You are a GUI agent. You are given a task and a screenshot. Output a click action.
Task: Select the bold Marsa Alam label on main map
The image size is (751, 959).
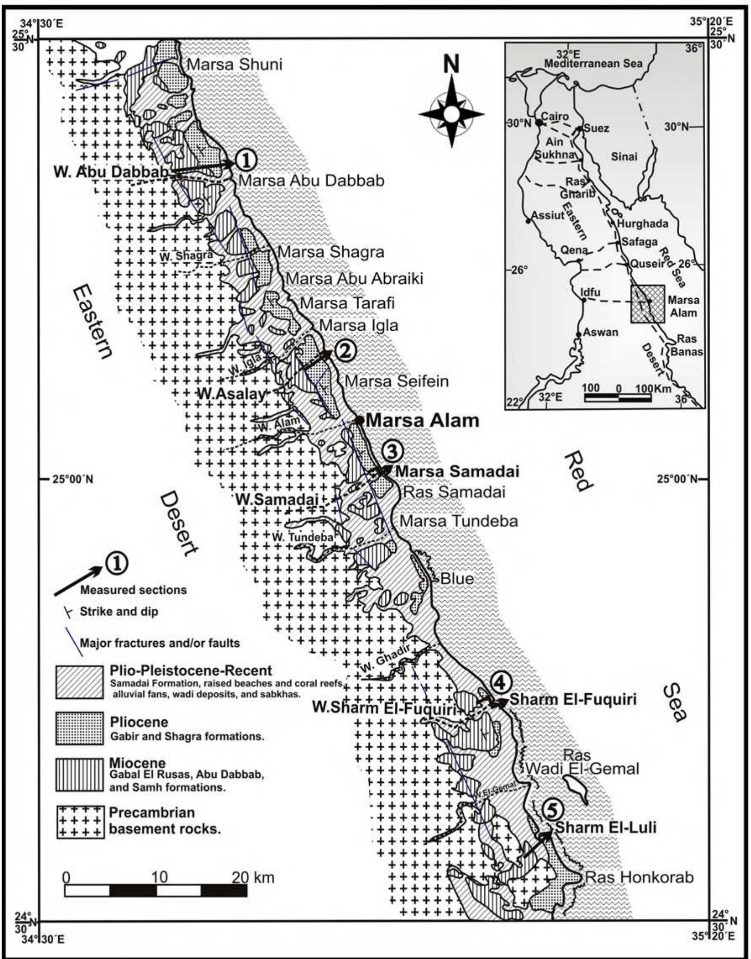click(x=422, y=421)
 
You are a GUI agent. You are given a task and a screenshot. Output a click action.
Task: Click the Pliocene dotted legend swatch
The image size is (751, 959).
click(x=80, y=729)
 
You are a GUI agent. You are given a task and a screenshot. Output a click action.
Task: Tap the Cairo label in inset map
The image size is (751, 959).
click(x=555, y=117)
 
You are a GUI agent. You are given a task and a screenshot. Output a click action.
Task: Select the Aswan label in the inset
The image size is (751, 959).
click(x=602, y=332)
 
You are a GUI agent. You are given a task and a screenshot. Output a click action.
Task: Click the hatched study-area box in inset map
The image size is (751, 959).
click(x=648, y=304)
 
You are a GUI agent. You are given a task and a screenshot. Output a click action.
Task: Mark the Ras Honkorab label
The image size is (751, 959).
click(x=640, y=878)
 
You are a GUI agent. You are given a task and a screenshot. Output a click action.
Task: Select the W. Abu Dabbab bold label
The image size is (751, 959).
click(x=111, y=172)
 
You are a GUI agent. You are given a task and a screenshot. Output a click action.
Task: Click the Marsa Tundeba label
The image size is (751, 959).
click(x=459, y=521)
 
